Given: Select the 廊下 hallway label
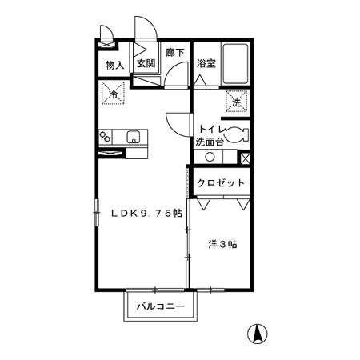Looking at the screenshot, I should point(174,53).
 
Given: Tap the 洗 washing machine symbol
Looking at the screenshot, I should point(237,102).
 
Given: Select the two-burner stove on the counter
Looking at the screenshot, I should point(106,137).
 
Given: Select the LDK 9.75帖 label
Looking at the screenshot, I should point(146,213).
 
